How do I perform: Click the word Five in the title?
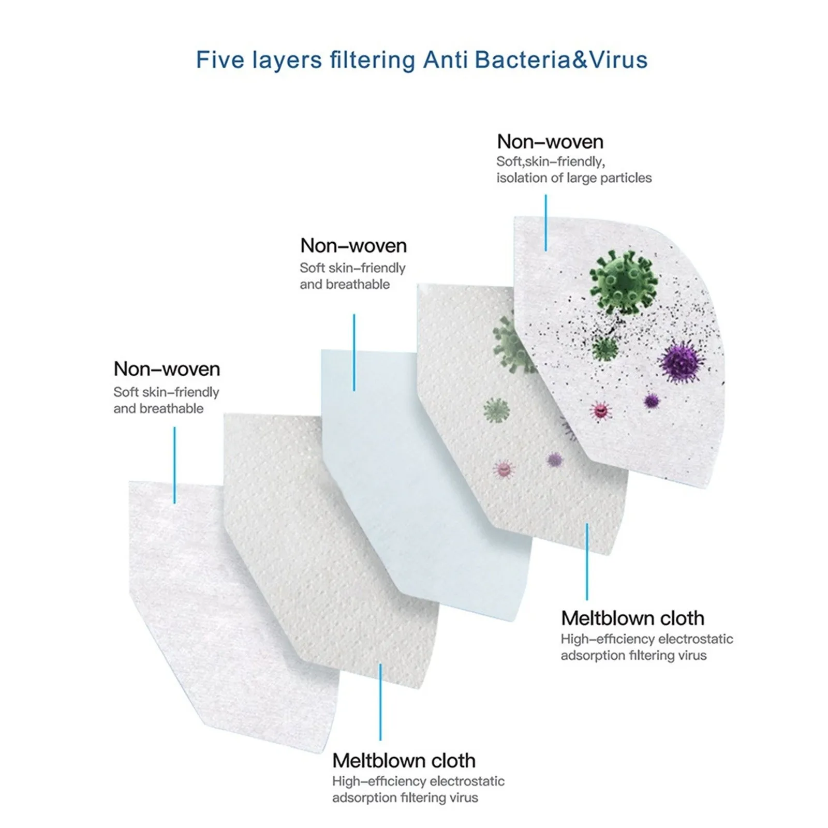point(219,60)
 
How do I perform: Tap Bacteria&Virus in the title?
point(561,60)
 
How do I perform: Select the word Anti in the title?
point(446,60)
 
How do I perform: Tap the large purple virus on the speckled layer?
point(682,361)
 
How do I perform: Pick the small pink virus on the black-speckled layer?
point(600,411)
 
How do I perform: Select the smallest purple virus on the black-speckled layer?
point(651,400)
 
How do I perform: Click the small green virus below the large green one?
point(604,348)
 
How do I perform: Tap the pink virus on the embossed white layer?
point(503,469)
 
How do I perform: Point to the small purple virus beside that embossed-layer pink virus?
point(554,459)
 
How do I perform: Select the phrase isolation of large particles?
point(574,178)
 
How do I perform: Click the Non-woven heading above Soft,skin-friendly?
point(550,142)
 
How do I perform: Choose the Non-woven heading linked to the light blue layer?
point(353,245)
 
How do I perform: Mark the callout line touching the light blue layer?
point(354,352)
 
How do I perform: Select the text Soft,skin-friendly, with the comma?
point(550,161)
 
